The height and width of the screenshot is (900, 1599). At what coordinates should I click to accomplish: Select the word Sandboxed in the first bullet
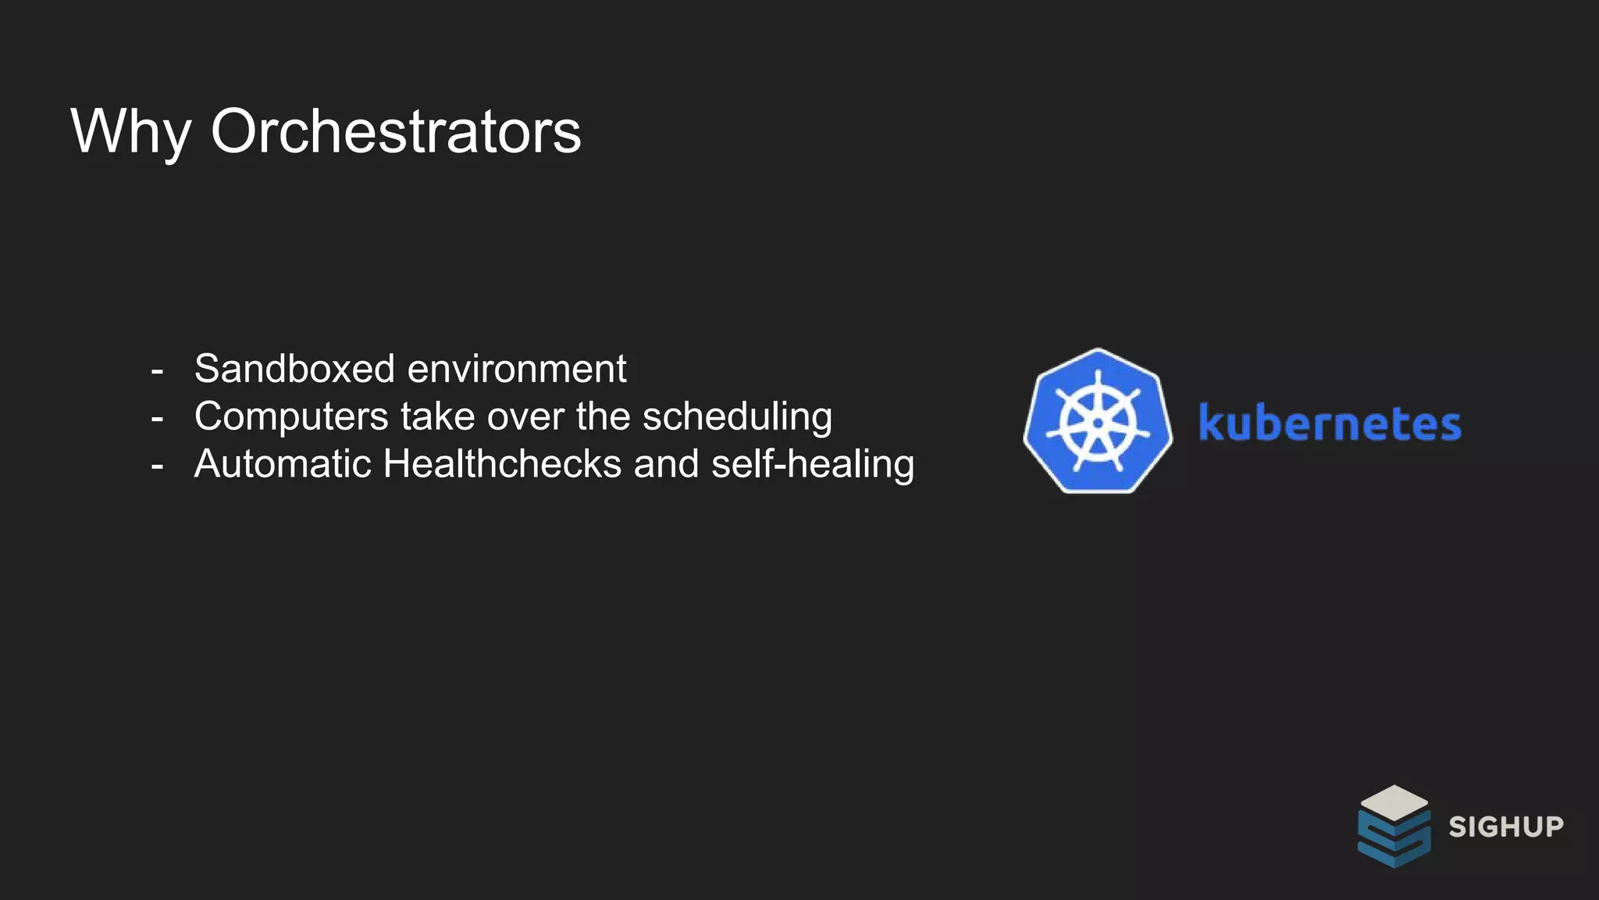tap(294, 369)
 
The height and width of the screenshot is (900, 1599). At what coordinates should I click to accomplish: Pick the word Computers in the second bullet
tap(290, 416)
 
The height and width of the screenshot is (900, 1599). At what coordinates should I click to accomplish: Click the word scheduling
tap(737, 416)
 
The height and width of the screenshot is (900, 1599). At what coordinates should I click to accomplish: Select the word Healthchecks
tap(502, 464)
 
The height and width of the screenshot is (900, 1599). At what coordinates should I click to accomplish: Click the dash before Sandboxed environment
tap(157, 370)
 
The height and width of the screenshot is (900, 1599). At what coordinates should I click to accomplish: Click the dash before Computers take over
tap(157, 419)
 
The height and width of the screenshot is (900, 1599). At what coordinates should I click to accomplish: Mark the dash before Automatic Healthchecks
tap(157, 466)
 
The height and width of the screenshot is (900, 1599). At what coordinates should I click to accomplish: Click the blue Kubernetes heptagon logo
tap(1098, 421)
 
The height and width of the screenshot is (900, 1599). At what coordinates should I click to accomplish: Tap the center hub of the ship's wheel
tap(1098, 423)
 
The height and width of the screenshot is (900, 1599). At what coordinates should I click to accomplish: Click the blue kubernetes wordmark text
tap(1330, 423)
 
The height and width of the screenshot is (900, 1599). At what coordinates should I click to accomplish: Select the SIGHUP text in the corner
tap(1506, 827)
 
